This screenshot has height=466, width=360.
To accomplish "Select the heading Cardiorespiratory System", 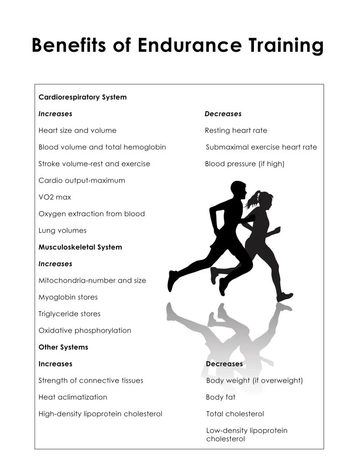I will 82,97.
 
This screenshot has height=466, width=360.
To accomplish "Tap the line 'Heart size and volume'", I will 77,131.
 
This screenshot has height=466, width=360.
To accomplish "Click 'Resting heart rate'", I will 236,131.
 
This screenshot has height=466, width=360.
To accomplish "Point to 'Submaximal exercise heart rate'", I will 261,147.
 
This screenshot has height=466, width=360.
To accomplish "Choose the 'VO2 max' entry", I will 55,197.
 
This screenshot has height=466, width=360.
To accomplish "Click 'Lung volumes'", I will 62,230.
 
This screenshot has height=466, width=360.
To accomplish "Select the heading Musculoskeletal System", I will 80,247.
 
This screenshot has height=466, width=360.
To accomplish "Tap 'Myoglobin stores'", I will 68,297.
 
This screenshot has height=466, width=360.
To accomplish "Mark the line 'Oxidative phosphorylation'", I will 85,330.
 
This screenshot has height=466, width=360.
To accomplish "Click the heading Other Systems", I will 63,347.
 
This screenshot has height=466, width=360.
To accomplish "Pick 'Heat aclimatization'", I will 73,397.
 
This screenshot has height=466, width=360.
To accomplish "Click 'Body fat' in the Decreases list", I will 221,397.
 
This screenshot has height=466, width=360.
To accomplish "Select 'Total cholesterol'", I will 235,414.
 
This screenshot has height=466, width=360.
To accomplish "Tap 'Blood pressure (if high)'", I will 244,164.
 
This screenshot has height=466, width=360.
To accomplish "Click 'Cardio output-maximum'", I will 81,181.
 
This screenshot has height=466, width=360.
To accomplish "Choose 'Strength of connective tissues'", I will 91,380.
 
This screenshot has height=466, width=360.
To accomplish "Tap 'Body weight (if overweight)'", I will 254,380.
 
